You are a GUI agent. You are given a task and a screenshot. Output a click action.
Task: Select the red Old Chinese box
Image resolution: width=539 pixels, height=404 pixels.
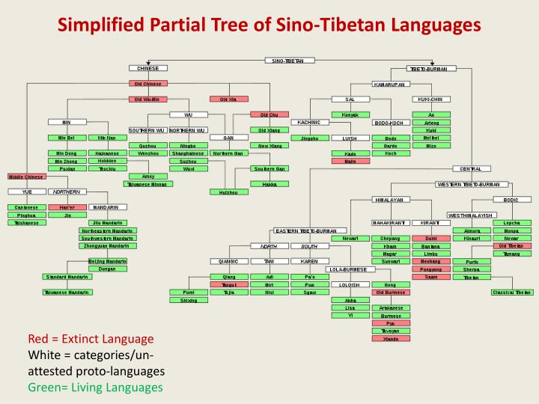point(147,84)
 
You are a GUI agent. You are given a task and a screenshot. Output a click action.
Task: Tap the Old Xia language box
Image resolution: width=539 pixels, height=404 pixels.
point(228,99)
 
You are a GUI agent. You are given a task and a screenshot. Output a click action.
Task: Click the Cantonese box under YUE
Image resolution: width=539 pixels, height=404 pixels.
point(26,207)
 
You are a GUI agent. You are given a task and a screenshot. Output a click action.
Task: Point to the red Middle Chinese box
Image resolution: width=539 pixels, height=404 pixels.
point(26,177)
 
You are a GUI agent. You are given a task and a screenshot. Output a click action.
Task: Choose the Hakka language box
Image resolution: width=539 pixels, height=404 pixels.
point(269,183)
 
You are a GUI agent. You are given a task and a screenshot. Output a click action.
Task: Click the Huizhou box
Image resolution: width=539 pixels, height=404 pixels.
point(228,192)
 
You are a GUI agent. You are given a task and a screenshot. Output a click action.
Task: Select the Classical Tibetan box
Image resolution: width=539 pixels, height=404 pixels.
point(512,293)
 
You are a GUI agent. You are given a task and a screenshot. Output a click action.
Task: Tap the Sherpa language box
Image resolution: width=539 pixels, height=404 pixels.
point(472,269)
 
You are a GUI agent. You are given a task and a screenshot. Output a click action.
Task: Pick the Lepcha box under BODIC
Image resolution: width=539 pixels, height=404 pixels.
point(512,223)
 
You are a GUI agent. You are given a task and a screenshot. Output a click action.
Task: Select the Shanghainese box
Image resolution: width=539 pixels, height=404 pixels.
point(188,153)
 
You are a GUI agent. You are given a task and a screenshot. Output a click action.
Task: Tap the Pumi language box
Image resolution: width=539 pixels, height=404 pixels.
point(188,293)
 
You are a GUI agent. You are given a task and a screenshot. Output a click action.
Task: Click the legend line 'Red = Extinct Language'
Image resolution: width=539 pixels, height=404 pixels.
point(91,339)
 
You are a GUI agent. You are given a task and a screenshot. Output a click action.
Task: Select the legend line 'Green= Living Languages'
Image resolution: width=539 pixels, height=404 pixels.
point(95,388)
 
